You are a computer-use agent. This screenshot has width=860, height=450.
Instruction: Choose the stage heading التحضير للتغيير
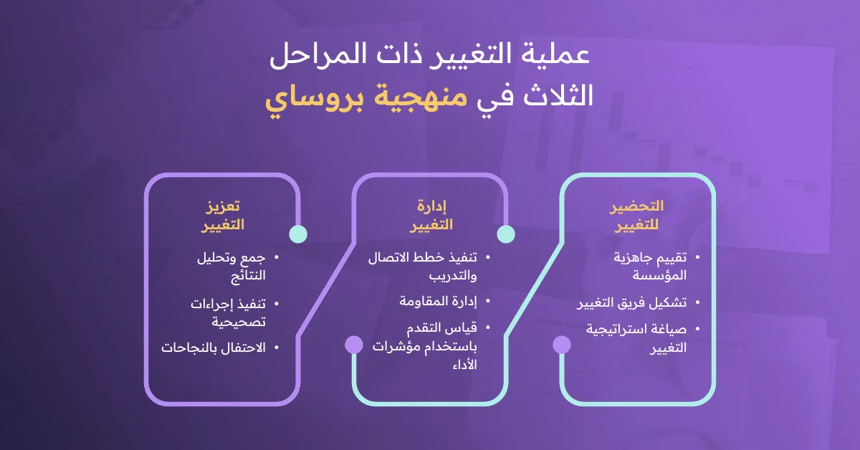pyautogui.click(x=636, y=215)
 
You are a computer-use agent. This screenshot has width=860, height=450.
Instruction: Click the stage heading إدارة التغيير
pyautogui.click(x=431, y=215)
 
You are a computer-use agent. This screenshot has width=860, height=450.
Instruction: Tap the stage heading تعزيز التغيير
pyautogui.click(x=222, y=215)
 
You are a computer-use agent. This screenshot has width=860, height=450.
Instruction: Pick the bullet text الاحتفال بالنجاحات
pyautogui.click(x=214, y=348)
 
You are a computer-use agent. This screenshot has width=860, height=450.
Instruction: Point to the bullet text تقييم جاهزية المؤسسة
pyautogui.click(x=650, y=266)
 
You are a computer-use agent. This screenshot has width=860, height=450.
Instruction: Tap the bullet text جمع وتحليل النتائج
pyautogui.click(x=229, y=266)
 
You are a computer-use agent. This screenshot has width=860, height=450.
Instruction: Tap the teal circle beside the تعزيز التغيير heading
pyautogui.click(x=298, y=234)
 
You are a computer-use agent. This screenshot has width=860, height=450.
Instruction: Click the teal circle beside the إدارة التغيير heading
pyautogui.click(x=506, y=234)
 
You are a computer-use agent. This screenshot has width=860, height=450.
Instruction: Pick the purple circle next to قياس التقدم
pyautogui.click(x=354, y=345)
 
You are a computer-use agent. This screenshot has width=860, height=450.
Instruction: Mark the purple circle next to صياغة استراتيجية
pyautogui.click(x=562, y=345)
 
